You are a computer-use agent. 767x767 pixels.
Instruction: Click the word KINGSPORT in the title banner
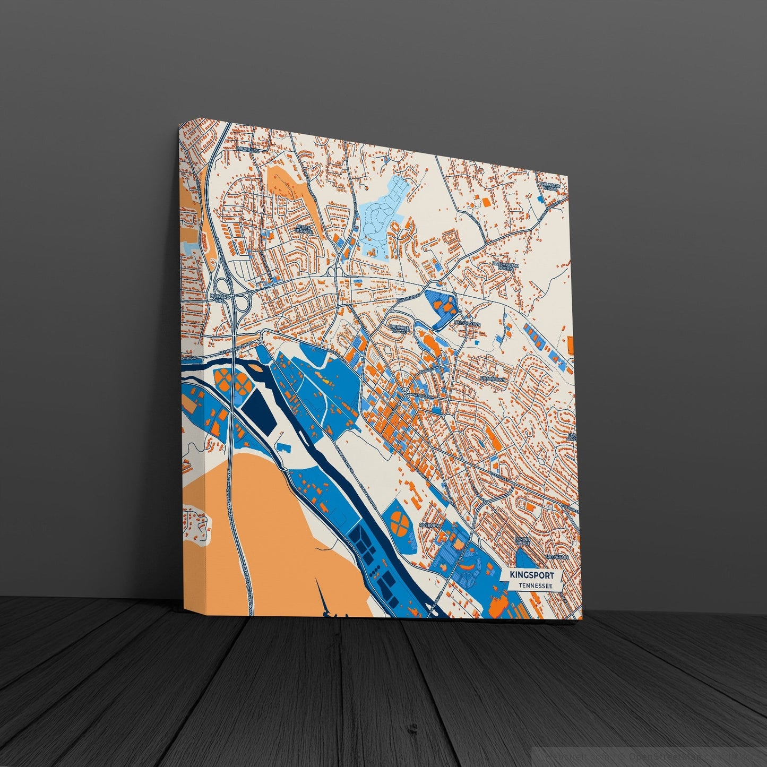click(x=531, y=575)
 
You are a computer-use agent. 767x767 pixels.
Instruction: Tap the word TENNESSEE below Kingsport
click(x=533, y=585)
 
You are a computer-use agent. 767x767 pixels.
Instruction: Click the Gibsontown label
click(x=494, y=380)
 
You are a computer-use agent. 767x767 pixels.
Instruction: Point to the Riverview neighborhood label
click(x=430, y=524)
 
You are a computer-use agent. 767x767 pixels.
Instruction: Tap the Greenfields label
click(x=557, y=557)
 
